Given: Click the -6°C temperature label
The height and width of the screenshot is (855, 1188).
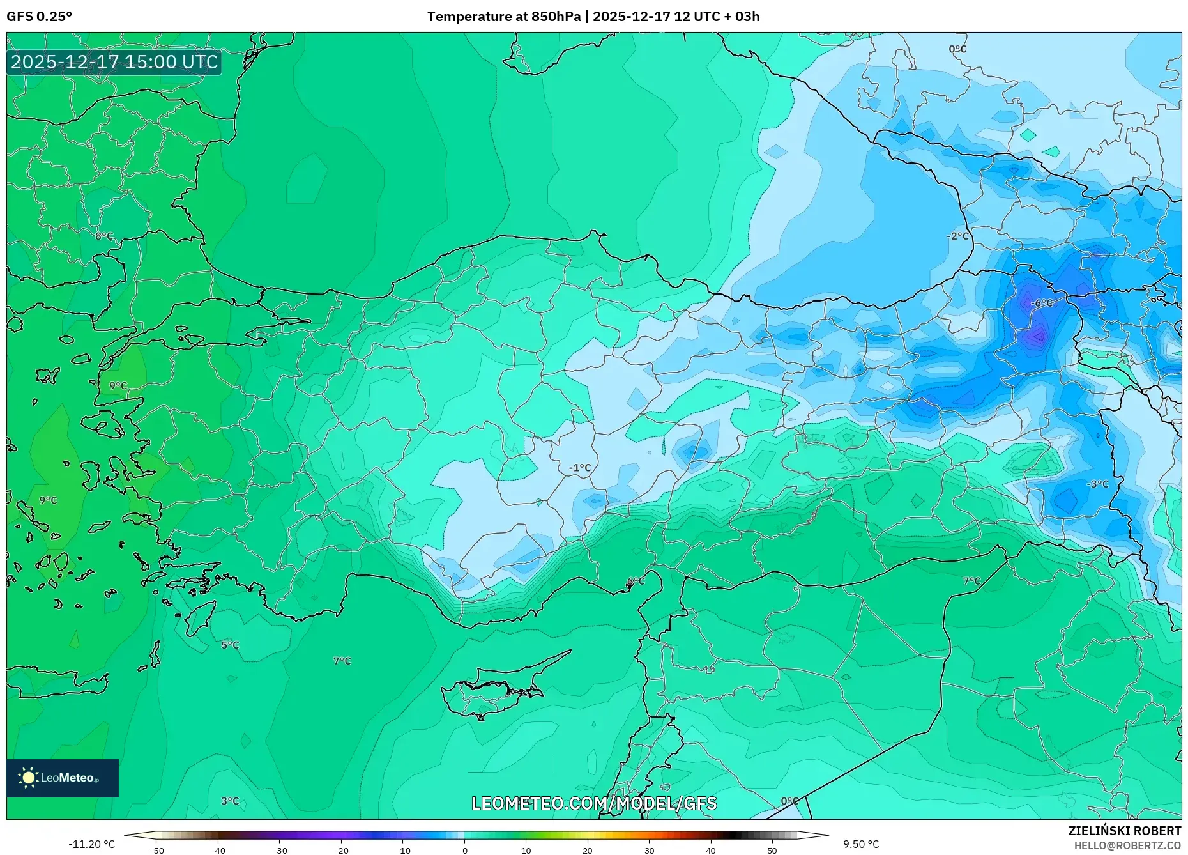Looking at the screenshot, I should pos(1042,303).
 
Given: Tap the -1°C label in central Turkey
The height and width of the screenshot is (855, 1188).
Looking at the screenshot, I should pos(580,468).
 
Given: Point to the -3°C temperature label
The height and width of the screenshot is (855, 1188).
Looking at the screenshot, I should pos(1097,484).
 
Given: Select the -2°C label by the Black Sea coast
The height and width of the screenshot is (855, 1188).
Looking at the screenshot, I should pos(957,236).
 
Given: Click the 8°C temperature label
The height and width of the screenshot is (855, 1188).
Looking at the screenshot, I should pos(104,236).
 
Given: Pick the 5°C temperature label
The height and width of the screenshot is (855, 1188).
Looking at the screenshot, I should pos(230,645).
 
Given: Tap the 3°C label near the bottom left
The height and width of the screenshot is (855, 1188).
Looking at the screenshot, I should pos(230,801).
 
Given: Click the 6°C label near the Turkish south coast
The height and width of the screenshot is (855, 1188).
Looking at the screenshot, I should pos(636,582).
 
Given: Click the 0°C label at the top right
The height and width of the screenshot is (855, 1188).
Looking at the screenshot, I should pos(957,49).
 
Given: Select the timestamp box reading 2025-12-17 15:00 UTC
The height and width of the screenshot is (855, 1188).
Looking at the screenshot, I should pos(114,62).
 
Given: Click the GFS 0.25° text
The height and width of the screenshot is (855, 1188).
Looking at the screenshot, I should pos(39,17).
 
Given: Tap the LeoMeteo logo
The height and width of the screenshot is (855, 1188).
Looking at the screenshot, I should pos(63,778).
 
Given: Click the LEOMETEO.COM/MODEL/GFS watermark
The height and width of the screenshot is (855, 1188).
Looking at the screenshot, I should pos(594,803).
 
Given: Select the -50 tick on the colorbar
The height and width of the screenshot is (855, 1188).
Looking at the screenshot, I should pos(156,851).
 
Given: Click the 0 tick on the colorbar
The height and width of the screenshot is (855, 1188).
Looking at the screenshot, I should pos(464,851).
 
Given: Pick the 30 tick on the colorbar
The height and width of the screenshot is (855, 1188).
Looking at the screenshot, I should pos(649,851).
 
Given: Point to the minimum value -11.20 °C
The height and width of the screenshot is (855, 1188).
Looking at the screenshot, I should pos(91,844).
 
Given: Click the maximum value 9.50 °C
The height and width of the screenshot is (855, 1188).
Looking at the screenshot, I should pos(860,844).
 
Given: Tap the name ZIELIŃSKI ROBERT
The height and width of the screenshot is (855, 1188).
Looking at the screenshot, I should pos(1124,831).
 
